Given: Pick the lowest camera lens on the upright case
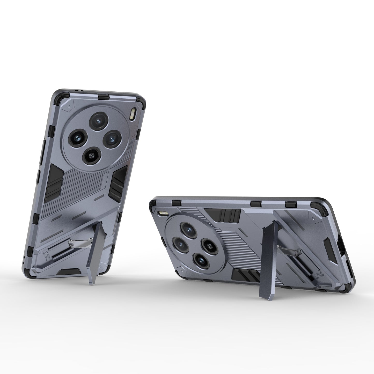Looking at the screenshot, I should point(91,155).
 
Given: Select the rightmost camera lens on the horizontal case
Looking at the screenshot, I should point(208,245).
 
